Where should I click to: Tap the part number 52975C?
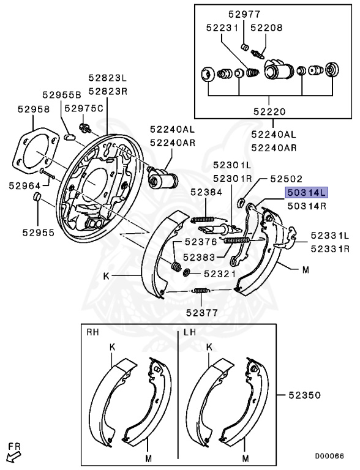point(84,108)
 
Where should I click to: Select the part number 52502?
point(287,179)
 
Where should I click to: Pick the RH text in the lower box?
point(93,333)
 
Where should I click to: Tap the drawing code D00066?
point(329,456)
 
